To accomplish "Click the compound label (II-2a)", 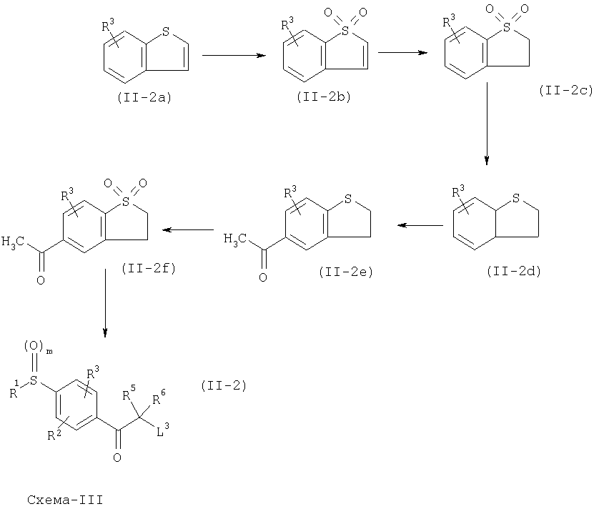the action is point(144,98).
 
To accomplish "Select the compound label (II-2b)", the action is point(324,97).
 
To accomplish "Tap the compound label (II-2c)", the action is point(566,91).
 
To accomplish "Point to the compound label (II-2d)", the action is point(514,272).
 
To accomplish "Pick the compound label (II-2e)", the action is point(346,272).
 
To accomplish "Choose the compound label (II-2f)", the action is point(149,268).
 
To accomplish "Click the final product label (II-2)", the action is point(224,385).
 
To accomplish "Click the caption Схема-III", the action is point(65,500).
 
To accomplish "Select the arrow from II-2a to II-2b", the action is point(234,56).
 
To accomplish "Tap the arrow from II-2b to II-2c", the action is point(402,53).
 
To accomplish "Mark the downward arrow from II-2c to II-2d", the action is point(487,124).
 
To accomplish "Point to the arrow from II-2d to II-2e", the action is point(420,225).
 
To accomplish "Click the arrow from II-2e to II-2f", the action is point(188,229).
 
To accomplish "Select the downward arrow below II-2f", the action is point(105,303).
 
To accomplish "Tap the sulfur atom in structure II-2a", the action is point(165,31).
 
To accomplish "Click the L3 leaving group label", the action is point(163,431).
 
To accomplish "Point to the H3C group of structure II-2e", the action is point(234,239).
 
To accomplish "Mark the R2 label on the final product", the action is point(54,435).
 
